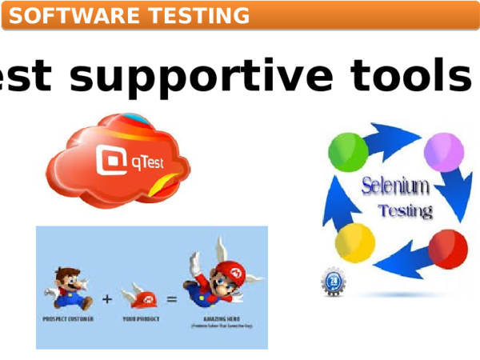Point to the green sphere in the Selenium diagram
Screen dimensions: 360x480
coord(347,150)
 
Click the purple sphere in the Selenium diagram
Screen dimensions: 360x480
coord(444,151)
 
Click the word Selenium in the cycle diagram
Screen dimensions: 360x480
coord(395,188)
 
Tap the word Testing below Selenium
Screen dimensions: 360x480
coord(405,212)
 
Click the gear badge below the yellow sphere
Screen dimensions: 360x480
coord(334,282)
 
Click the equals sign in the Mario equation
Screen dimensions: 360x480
coord(171,300)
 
